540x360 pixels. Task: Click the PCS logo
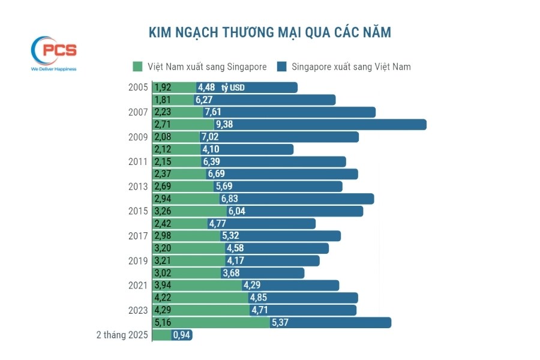point(53,52)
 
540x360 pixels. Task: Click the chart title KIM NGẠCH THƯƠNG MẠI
point(269,32)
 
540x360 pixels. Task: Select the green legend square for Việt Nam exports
point(137,67)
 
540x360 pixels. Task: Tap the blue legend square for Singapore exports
point(281,67)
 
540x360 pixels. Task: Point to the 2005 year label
point(138,88)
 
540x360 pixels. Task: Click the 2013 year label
point(138,187)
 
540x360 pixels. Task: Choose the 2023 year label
point(138,310)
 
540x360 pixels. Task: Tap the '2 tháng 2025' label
point(122,335)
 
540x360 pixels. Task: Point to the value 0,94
point(182,335)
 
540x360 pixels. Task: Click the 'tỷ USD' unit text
point(233,88)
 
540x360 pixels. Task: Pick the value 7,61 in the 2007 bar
point(213,112)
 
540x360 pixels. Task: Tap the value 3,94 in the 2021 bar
point(164,286)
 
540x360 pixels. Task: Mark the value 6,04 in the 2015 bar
point(236,211)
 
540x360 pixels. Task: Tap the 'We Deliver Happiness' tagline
point(53,69)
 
